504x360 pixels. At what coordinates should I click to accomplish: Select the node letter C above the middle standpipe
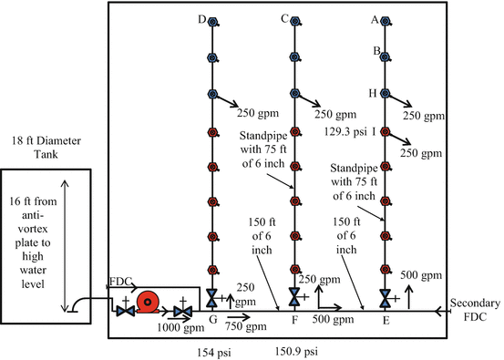click(x=285, y=18)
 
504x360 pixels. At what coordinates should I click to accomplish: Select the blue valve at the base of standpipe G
click(x=211, y=298)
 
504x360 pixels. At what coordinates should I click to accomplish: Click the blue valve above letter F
click(x=294, y=296)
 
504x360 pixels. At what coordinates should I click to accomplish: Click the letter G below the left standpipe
click(x=211, y=319)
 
